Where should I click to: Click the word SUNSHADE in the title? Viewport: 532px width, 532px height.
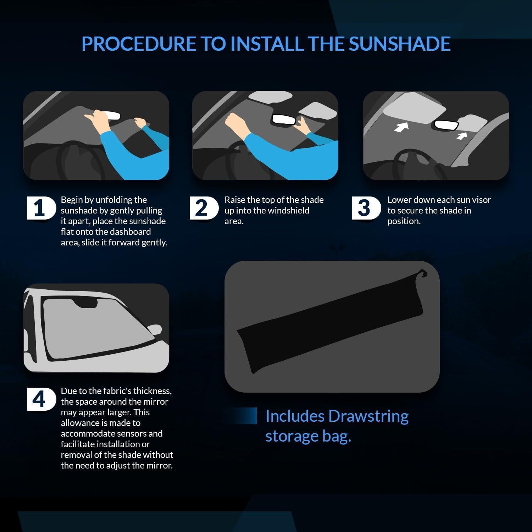pyautogui.click(x=399, y=44)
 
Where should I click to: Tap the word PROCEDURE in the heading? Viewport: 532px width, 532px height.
pyautogui.click(x=139, y=44)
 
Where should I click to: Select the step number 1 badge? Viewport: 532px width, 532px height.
pyautogui.click(x=40, y=208)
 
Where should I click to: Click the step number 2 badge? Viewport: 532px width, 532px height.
pyautogui.click(x=201, y=208)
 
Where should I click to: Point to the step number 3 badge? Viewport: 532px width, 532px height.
pyautogui.click(x=364, y=208)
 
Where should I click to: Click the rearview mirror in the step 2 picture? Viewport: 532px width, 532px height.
pyautogui.click(x=283, y=120)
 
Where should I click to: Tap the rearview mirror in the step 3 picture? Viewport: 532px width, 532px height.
pyautogui.click(x=445, y=124)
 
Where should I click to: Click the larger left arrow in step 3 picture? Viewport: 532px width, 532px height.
pyautogui.click(x=401, y=127)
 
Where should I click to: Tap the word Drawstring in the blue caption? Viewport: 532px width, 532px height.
pyautogui.click(x=368, y=416)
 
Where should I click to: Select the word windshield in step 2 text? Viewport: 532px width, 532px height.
pyautogui.click(x=288, y=210)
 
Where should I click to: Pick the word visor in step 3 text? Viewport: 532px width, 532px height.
pyautogui.click(x=481, y=200)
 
